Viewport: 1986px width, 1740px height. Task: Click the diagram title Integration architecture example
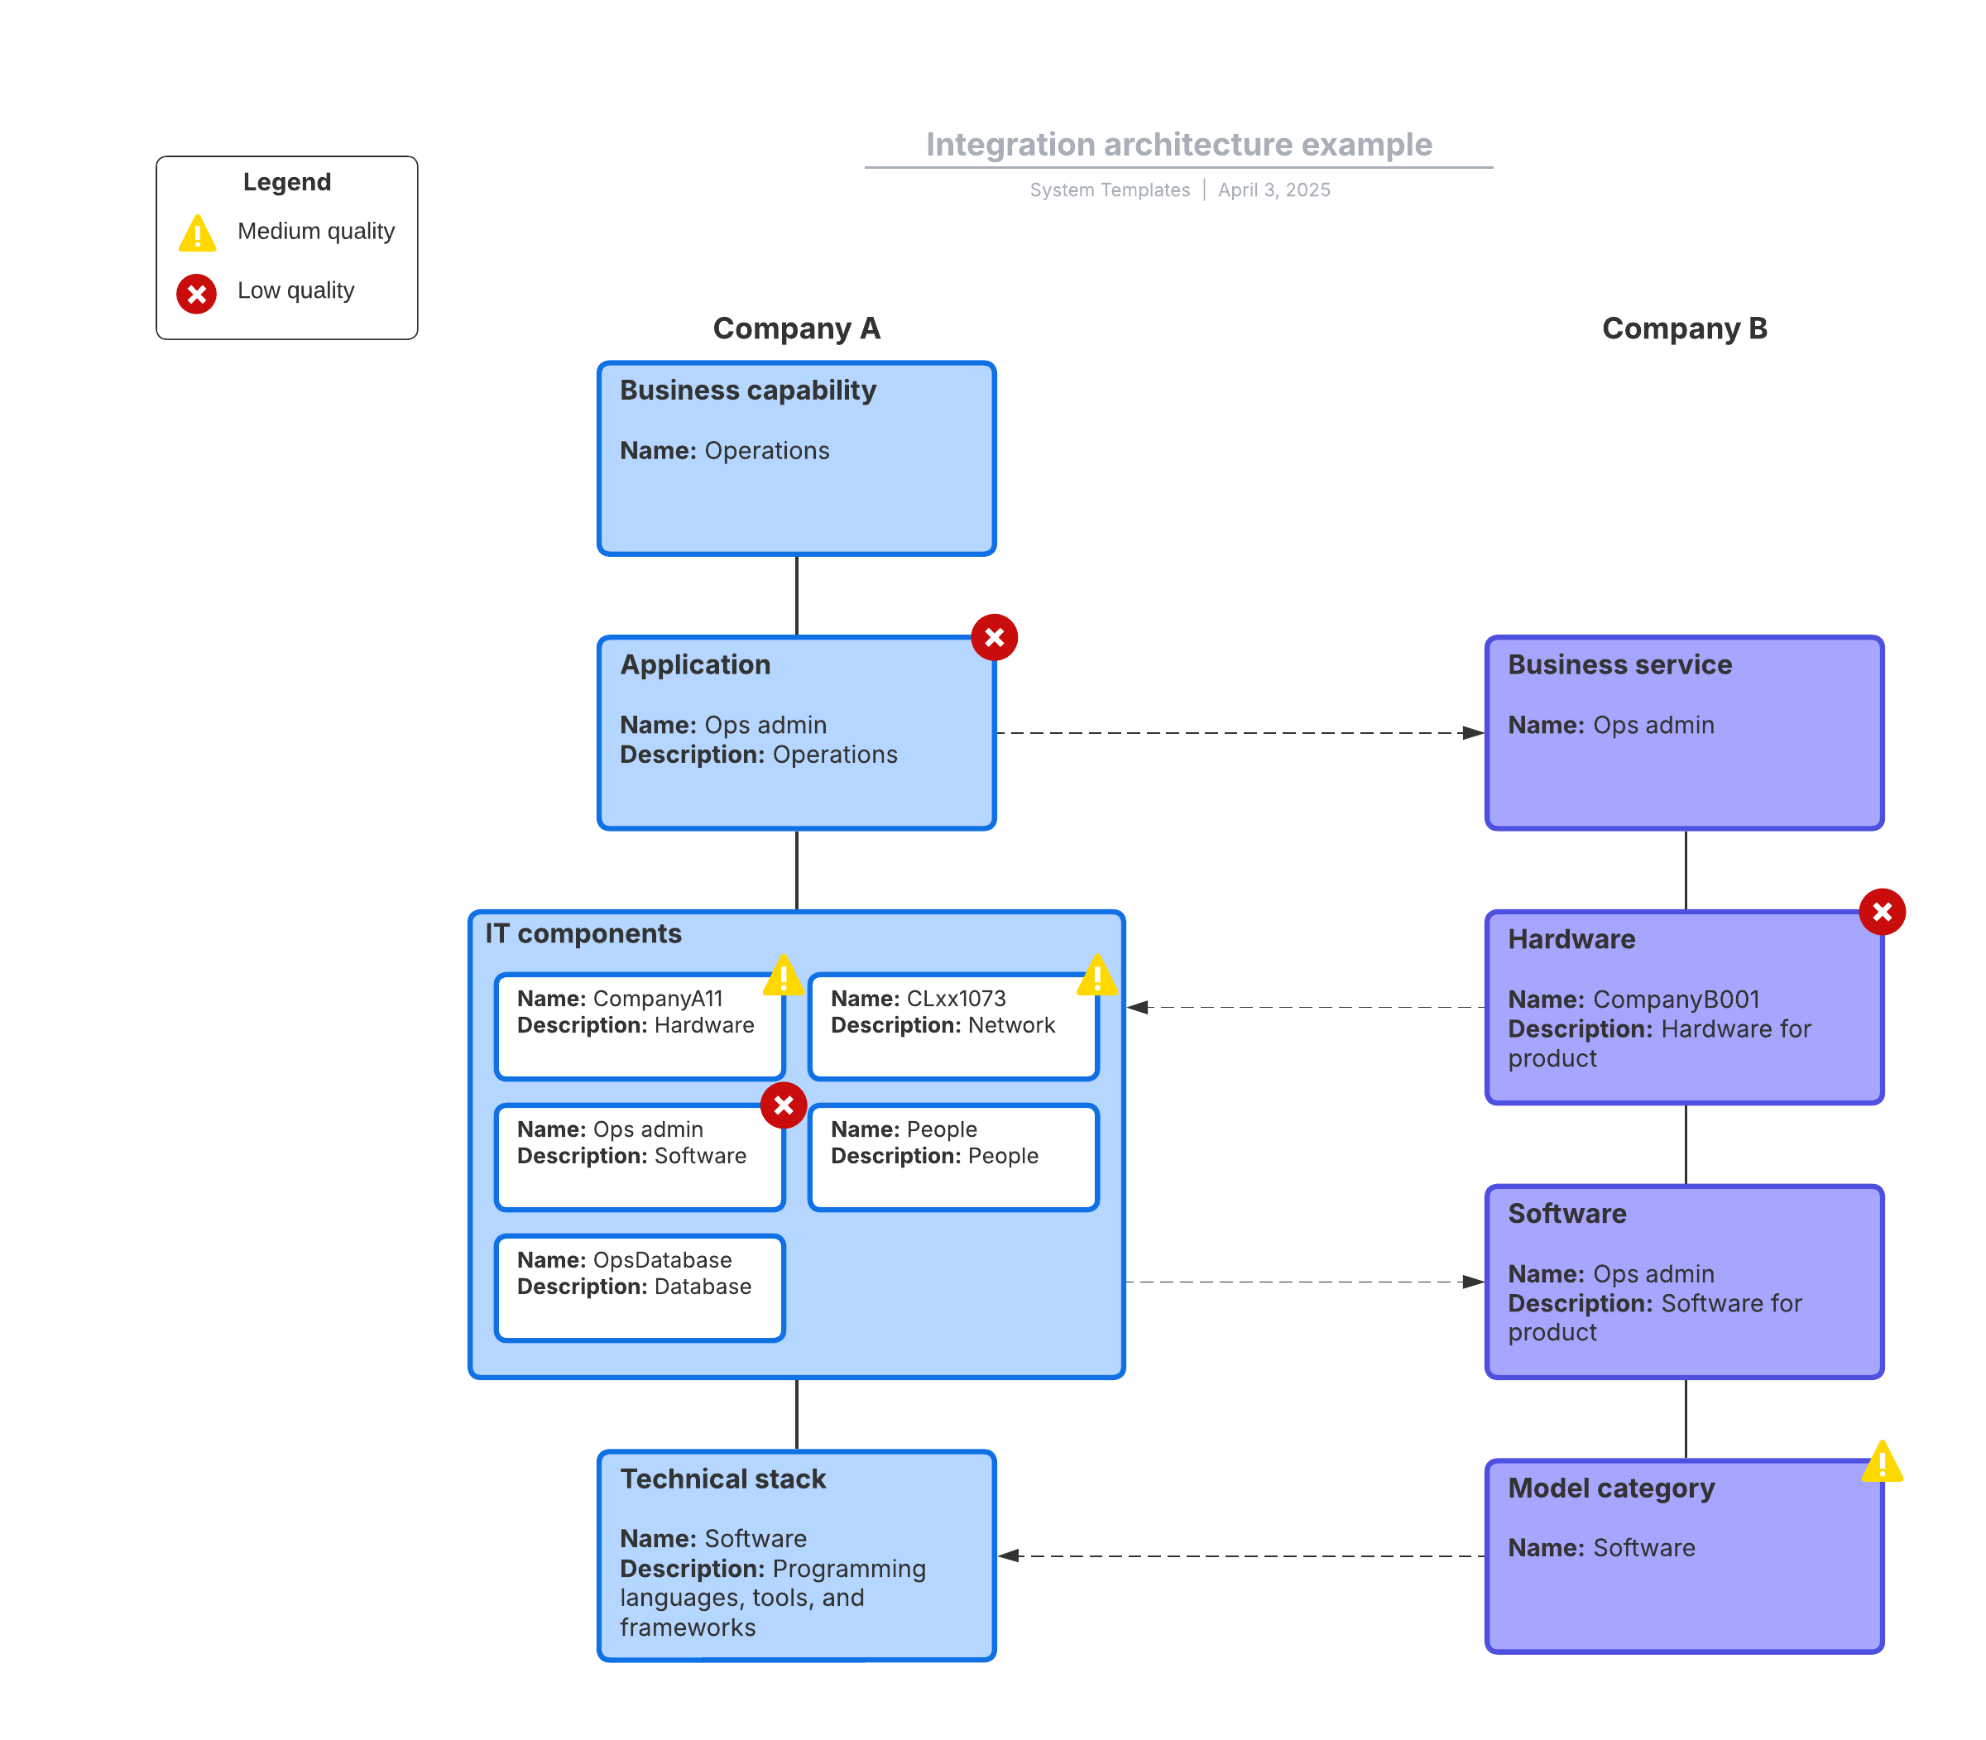pos(1178,145)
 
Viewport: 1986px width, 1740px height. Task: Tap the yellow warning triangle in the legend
pos(197,233)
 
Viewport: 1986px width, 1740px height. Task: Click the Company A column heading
pos(796,328)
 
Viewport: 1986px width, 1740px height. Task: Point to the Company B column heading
pos(1684,328)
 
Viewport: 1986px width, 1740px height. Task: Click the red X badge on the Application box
pos(994,637)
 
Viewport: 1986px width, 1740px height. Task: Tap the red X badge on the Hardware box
pos(1881,912)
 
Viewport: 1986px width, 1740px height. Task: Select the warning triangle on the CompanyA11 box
pos(783,975)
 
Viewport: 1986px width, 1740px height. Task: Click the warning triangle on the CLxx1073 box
pos(1096,975)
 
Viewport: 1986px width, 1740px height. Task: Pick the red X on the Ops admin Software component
pos(783,1105)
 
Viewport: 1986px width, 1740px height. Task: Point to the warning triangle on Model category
pos(1881,1460)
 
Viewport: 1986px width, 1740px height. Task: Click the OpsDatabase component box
pos(639,1287)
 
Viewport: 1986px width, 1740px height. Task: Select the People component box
pos(952,1158)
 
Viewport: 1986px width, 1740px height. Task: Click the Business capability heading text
pos(748,391)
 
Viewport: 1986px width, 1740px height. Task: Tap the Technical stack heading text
pos(722,1479)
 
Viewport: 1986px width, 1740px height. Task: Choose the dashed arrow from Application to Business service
pos(1240,733)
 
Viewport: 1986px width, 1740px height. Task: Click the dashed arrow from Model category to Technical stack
pos(1241,1555)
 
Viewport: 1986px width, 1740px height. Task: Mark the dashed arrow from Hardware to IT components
pos(1305,1007)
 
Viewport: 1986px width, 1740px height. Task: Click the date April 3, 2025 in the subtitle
pos(1274,190)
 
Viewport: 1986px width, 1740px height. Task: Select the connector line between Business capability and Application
pos(796,595)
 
